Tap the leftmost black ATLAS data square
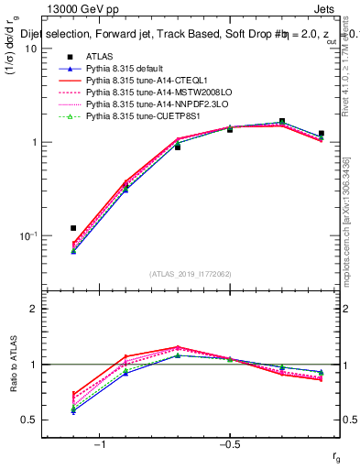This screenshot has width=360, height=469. click(x=73, y=227)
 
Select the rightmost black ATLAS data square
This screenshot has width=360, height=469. click(x=321, y=134)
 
